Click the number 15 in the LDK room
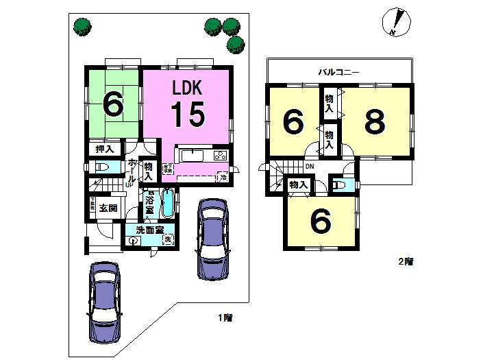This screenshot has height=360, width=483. (187, 114)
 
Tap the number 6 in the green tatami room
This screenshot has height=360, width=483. (113, 105)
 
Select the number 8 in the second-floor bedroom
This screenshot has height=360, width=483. (374, 122)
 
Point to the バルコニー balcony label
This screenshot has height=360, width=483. (338, 72)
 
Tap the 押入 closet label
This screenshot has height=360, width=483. (104, 149)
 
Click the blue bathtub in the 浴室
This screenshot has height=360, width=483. (168, 203)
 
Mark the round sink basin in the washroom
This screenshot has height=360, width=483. (133, 241)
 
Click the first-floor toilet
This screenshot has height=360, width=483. (101, 167)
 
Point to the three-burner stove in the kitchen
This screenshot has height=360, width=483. (220, 154)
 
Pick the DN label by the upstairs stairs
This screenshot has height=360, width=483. (309, 167)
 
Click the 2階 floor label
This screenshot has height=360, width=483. (407, 261)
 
